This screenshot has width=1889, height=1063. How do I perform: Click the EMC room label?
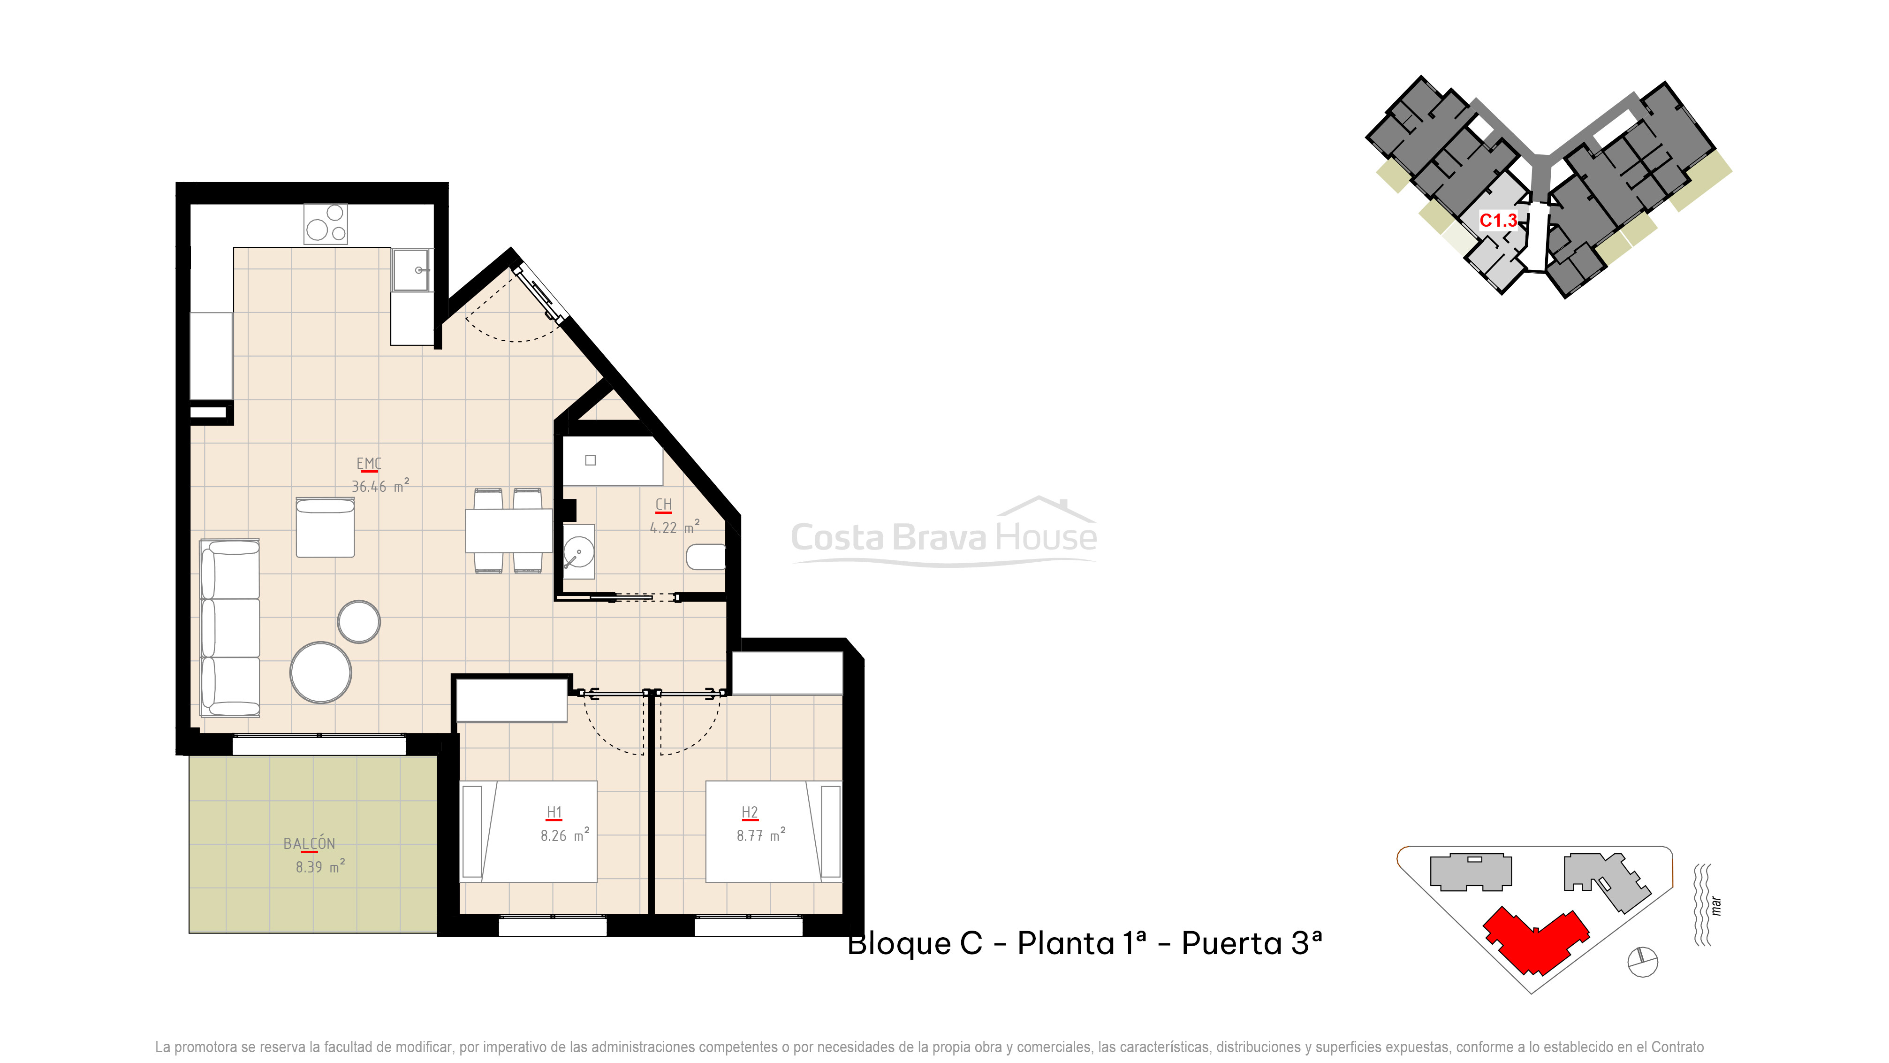pyautogui.click(x=369, y=464)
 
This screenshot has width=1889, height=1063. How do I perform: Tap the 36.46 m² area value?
pyautogui.click(x=380, y=486)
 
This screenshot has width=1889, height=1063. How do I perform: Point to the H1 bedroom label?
pyautogui.click(x=554, y=812)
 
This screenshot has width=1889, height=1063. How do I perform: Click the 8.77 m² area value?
pyautogui.click(x=760, y=835)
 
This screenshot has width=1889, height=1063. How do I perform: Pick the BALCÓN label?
pyautogui.click(x=310, y=844)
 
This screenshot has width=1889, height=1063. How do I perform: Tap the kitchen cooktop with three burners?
pyautogui.click(x=326, y=224)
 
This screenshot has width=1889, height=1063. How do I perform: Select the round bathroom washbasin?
pyautogui.click(x=578, y=551)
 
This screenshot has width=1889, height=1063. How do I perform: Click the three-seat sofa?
pyautogui.click(x=230, y=628)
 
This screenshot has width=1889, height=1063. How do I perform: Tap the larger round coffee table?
pyautogui.click(x=320, y=673)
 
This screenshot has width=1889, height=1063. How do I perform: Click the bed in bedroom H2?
pyautogui.click(x=773, y=831)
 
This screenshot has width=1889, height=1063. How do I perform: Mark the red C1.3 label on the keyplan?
pyautogui.click(x=1497, y=220)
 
